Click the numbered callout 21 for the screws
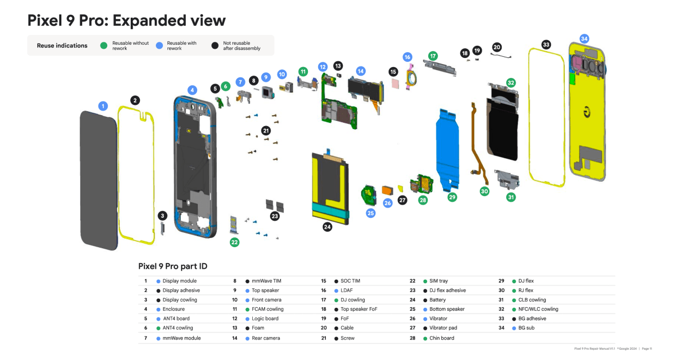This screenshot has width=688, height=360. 265,131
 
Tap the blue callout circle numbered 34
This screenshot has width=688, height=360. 584,38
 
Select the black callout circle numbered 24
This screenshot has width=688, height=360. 327,226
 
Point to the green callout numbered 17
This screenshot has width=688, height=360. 433,56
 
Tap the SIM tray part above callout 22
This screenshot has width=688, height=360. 234,225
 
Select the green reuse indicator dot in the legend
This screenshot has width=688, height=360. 103,45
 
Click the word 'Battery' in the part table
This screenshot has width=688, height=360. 437,300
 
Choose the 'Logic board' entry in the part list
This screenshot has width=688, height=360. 265,319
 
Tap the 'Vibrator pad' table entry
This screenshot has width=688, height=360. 444,328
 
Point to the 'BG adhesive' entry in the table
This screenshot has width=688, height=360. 532,319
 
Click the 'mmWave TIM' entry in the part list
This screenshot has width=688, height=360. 267,281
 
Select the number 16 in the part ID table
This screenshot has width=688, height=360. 323,291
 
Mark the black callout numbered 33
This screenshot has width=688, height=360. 546,44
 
